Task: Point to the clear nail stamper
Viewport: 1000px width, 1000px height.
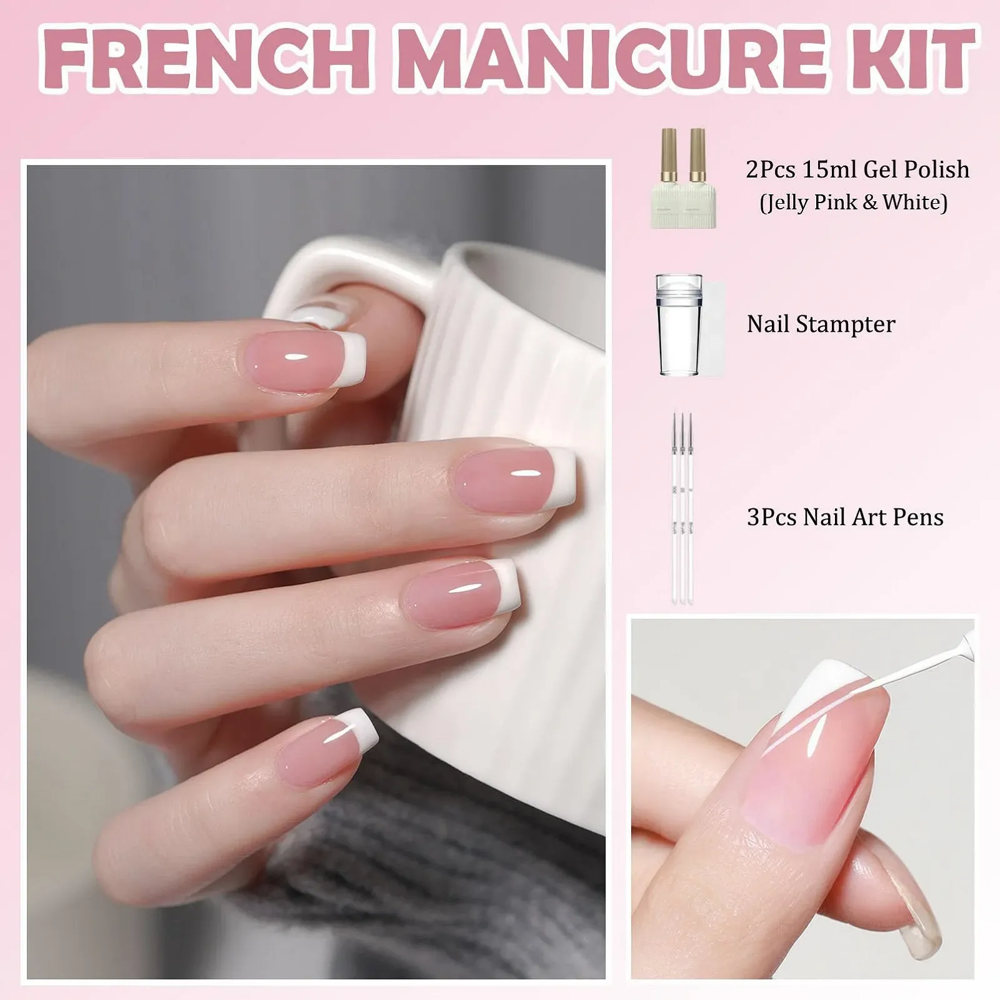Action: click(678, 325)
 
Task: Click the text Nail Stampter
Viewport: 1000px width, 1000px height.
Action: click(821, 324)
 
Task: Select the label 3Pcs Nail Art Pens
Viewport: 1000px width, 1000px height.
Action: click(845, 517)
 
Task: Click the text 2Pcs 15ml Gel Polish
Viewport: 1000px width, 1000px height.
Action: click(857, 169)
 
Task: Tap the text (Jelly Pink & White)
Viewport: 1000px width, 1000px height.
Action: click(854, 202)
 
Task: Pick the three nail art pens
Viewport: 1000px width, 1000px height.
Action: click(682, 507)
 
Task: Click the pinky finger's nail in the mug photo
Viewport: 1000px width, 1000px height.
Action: click(328, 747)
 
